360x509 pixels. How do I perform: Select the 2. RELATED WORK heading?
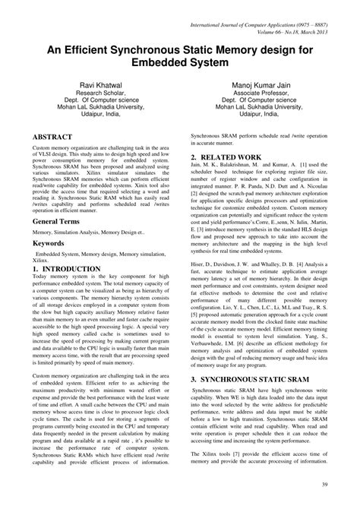[228, 157]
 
